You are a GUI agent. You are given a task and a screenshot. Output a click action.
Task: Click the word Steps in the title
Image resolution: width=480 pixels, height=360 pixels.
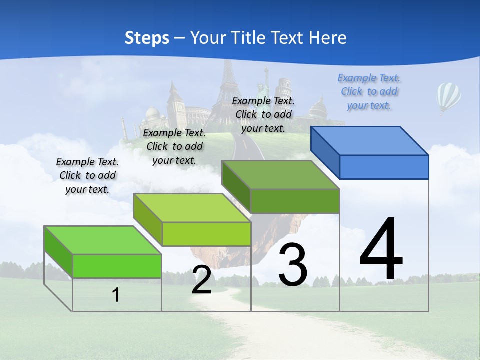[147, 38]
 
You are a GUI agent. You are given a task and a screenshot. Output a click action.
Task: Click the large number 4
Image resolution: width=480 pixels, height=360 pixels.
[381, 249]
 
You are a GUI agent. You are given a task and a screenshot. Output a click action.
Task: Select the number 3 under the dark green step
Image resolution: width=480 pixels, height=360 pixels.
[293, 264]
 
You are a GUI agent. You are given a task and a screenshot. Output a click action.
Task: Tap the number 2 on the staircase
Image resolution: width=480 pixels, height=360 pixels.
[201, 280]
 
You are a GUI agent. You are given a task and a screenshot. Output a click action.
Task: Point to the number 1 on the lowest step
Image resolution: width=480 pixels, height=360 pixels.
[115, 295]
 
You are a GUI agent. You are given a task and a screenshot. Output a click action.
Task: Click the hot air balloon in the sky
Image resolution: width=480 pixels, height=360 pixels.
[448, 97]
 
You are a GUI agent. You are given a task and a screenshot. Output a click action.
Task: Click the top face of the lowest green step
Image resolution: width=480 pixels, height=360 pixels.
[102, 240]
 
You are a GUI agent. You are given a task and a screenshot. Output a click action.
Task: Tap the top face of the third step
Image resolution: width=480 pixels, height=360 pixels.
[281, 175]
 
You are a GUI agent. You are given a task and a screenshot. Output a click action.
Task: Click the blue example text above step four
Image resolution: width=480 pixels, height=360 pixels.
[369, 92]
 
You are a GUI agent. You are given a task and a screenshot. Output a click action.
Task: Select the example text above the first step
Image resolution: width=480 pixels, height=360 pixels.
[87, 175]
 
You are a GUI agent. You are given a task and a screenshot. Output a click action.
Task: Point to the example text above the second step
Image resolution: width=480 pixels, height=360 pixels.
[174, 146]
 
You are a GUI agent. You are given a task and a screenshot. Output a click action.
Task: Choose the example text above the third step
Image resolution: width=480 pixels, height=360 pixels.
[263, 114]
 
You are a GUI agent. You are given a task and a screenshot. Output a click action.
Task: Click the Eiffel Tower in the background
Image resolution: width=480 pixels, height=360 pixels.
[229, 87]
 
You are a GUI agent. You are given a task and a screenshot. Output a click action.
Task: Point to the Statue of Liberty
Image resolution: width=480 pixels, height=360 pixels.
[260, 90]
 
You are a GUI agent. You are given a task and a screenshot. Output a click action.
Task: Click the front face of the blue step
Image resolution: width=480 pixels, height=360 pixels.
[384, 167]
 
